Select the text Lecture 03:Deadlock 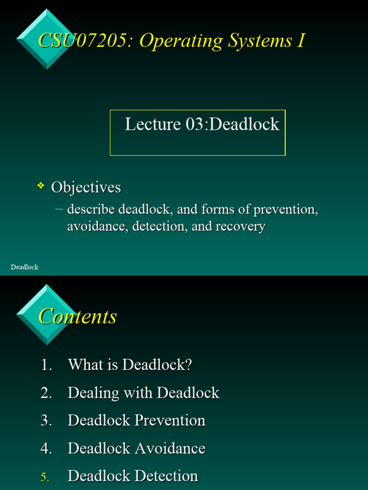tap(202, 124)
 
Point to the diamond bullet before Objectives tap(41, 185)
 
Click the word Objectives tap(86, 187)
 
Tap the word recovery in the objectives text tap(240, 226)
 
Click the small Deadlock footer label tap(24, 267)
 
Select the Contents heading tap(78, 317)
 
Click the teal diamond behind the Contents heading tap(46, 314)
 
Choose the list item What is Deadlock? tap(130, 365)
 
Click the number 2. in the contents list tap(46, 393)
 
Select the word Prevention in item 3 tap(170, 420)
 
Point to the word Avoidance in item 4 tap(170, 448)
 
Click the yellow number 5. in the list tap(45, 477)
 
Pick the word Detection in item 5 tap(166, 476)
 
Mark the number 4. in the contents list tap(46, 448)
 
